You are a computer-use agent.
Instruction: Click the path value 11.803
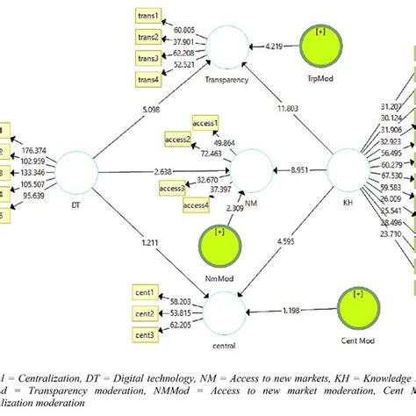287,108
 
